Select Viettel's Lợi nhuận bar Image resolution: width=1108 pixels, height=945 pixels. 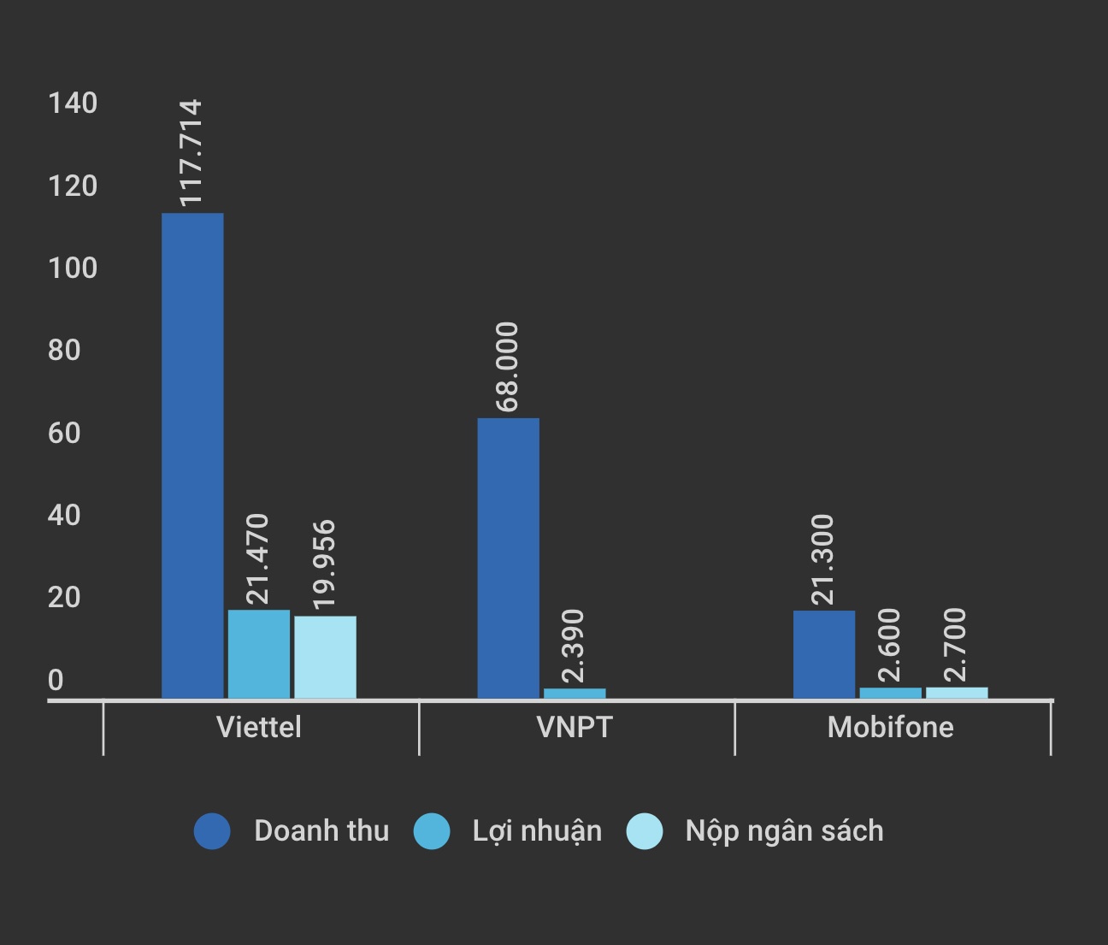click(x=259, y=653)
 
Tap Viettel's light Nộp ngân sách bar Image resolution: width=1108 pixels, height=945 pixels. click(x=325, y=657)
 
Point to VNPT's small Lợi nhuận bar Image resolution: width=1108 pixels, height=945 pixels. click(x=575, y=693)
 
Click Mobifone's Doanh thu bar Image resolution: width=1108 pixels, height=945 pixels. click(x=823, y=653)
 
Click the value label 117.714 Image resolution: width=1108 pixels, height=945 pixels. click(x=191, y=152)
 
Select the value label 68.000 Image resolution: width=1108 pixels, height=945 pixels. click(x=507, y=367)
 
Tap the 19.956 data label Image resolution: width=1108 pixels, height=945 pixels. click(x=324, y=564)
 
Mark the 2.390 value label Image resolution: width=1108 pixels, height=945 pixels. click(x=574, y=646)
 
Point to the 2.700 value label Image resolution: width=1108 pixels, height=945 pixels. click(x=956, y=644)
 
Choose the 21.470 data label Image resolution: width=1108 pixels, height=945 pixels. click(x=257, y=559)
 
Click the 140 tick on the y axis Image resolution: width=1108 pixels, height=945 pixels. click(x=73, y=103)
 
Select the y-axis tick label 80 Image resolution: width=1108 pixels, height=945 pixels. click(x=64, y=350)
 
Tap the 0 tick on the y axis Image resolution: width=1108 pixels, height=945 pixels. click(x=56, y=680)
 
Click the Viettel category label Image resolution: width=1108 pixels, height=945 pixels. click(x=259, y=727)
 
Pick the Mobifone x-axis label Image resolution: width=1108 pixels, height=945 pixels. click(x=890, y=727)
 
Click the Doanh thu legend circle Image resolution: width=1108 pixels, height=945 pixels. click(x=212, y=830)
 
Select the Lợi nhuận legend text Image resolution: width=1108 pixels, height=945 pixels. click(x=537, y=830)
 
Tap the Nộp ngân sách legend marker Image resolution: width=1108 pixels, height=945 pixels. click(x=645, y=830)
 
